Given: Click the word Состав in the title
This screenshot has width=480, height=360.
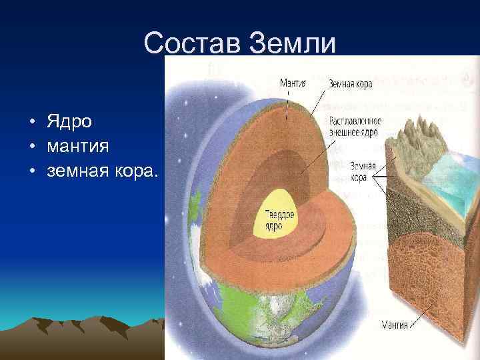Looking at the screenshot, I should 193,43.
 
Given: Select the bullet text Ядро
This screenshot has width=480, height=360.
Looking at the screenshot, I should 69,122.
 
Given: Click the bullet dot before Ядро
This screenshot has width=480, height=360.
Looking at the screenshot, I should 32,123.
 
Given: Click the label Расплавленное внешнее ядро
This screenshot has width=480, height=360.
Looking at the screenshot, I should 355,127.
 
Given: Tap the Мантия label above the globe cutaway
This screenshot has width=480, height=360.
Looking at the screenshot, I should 291,83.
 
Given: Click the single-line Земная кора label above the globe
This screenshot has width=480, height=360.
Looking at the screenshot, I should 350,84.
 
